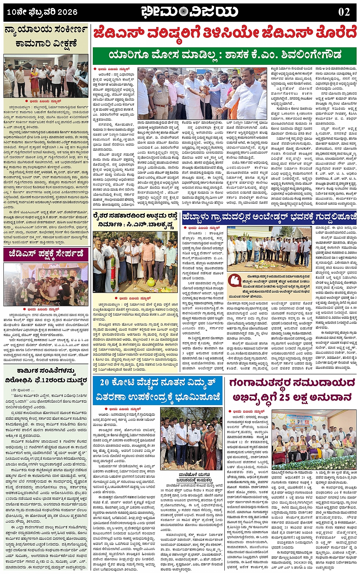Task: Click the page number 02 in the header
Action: tap(344, 12)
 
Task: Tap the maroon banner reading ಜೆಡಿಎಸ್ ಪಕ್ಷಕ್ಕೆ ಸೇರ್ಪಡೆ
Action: tap(46, 254)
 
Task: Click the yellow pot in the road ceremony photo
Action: tap(150, 282)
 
